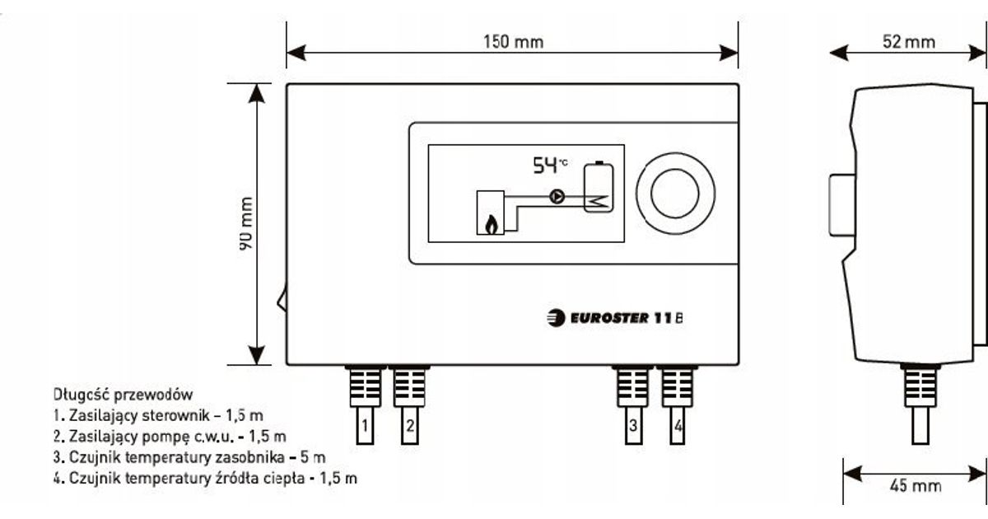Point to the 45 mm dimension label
tap(915, 486)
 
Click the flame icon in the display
tap(492, 223)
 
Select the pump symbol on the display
tap(557, 198)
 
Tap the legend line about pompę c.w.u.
tap(169, 435)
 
